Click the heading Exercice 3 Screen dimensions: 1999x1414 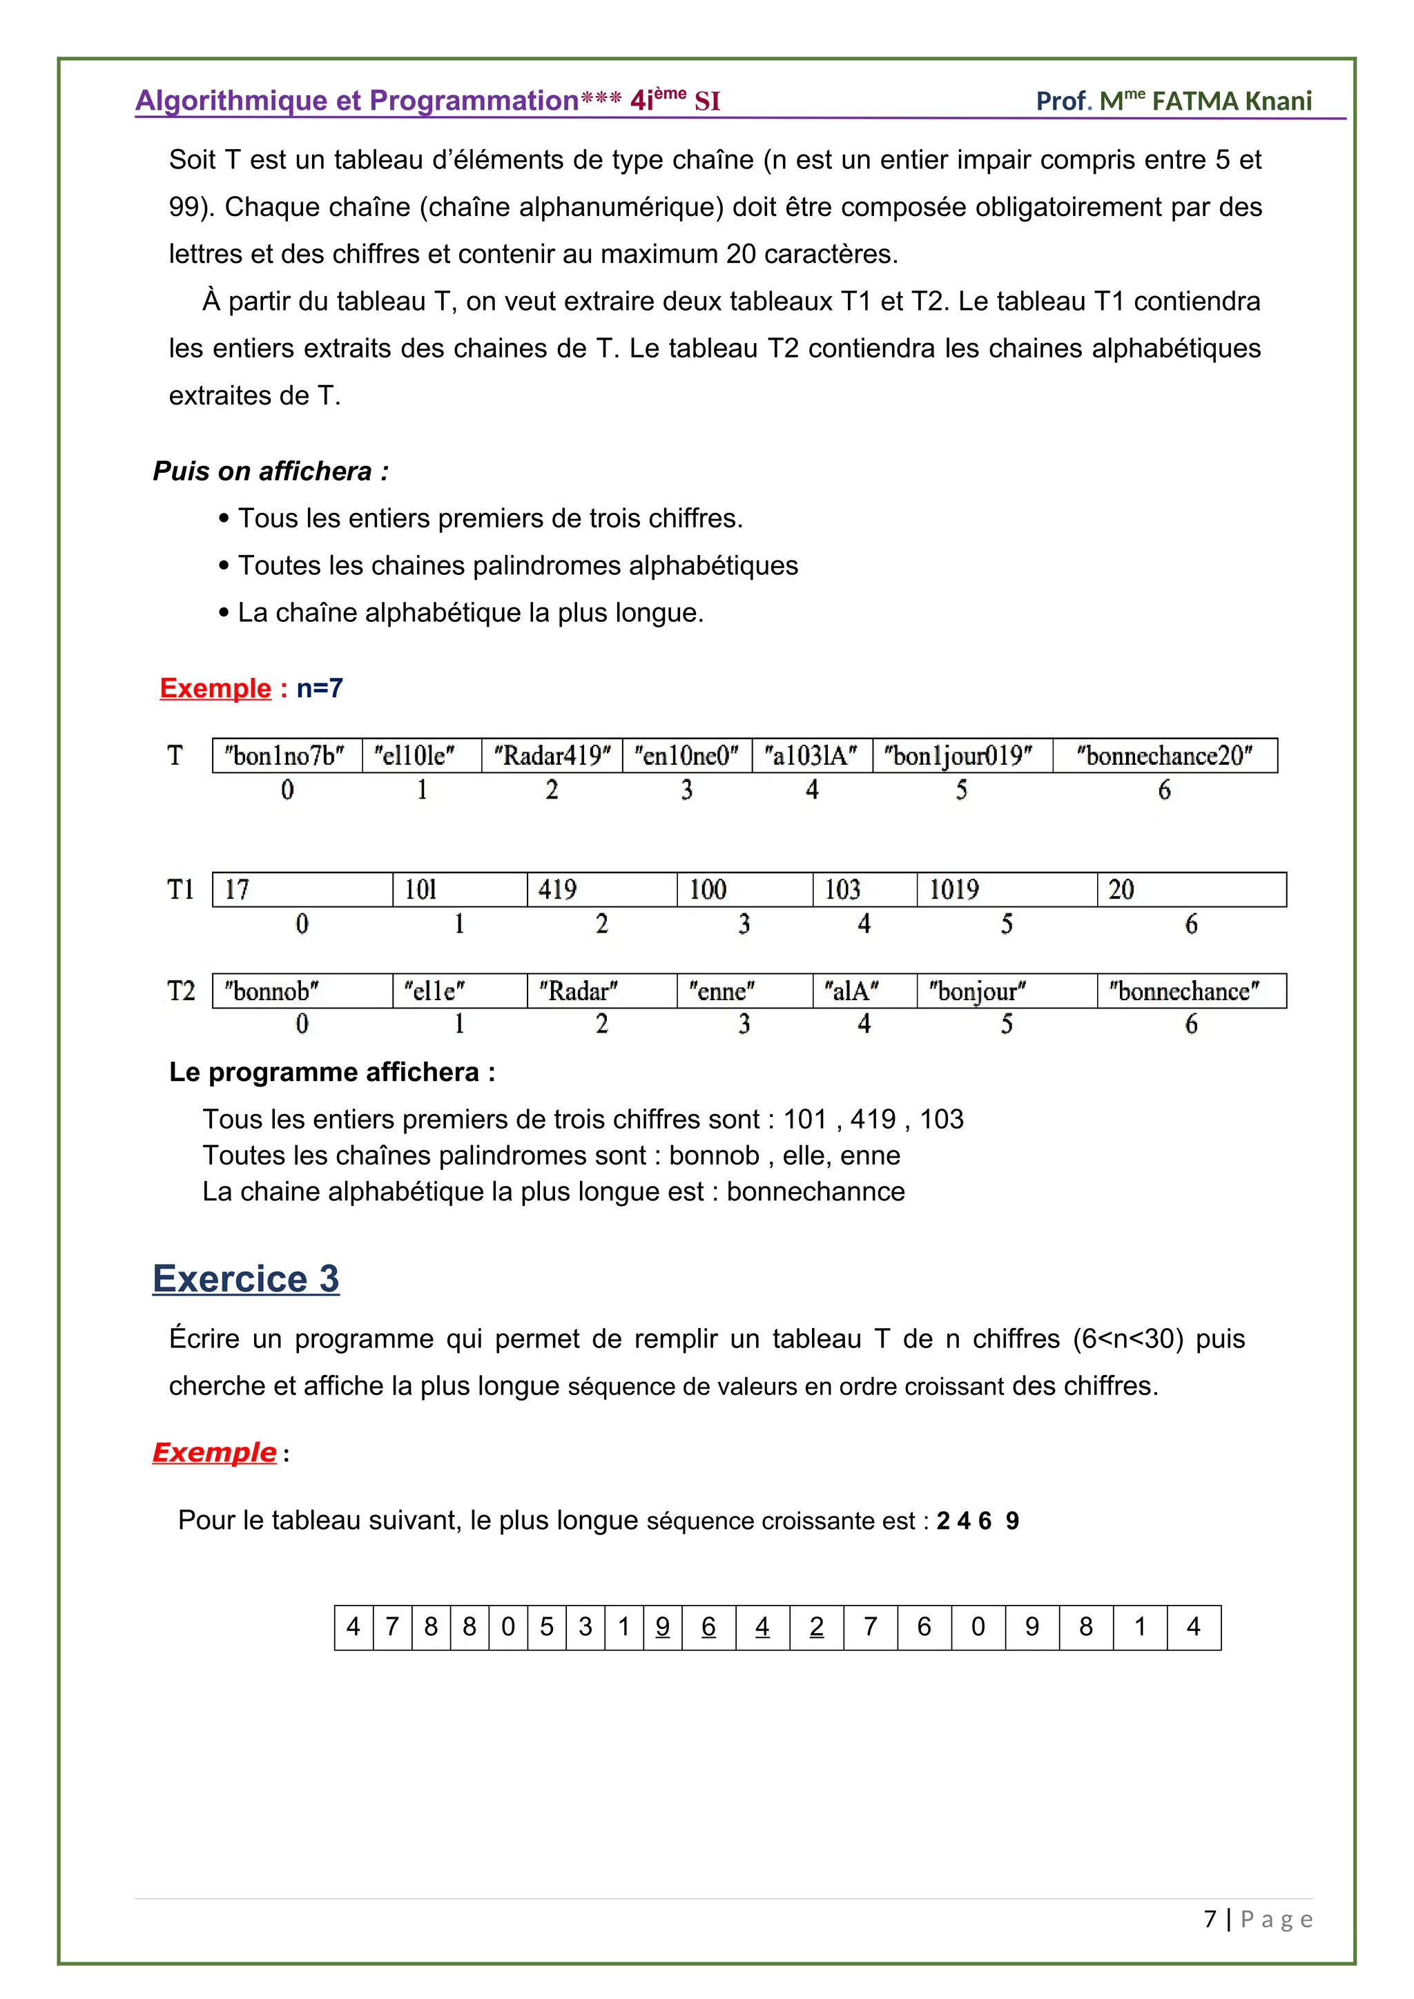(x=246, y=1279)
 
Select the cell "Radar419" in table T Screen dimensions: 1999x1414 (x=552, y=755)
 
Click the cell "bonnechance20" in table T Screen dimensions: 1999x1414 (x=1164, y=755)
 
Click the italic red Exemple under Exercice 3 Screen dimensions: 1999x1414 (x=214, y=1452)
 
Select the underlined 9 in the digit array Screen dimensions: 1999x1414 (x=663, y=1626)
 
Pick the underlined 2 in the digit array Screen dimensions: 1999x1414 (x=816, y=1626)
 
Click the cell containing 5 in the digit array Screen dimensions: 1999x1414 (x=547, y=1626)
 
